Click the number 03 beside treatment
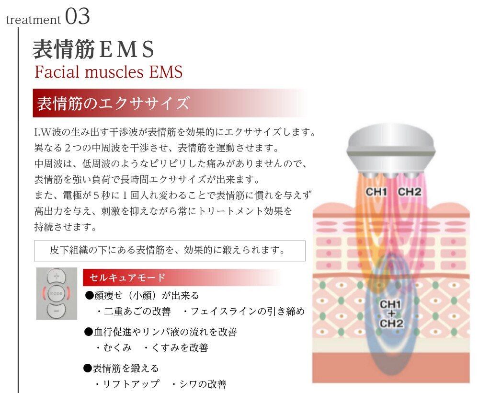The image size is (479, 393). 78,16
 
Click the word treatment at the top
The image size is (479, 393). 34,20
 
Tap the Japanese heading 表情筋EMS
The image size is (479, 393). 93,49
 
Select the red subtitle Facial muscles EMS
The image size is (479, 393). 108,72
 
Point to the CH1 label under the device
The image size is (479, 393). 376,192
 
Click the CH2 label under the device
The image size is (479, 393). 410,192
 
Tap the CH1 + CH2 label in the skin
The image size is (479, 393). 391,313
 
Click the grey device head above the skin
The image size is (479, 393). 391,152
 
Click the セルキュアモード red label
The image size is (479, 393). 127,277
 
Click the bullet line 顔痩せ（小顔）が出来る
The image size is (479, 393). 142,296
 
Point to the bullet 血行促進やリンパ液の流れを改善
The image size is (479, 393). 160,332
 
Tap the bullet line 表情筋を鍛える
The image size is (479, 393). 121,368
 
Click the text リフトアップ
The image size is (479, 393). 131,384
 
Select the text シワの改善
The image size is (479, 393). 203,384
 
